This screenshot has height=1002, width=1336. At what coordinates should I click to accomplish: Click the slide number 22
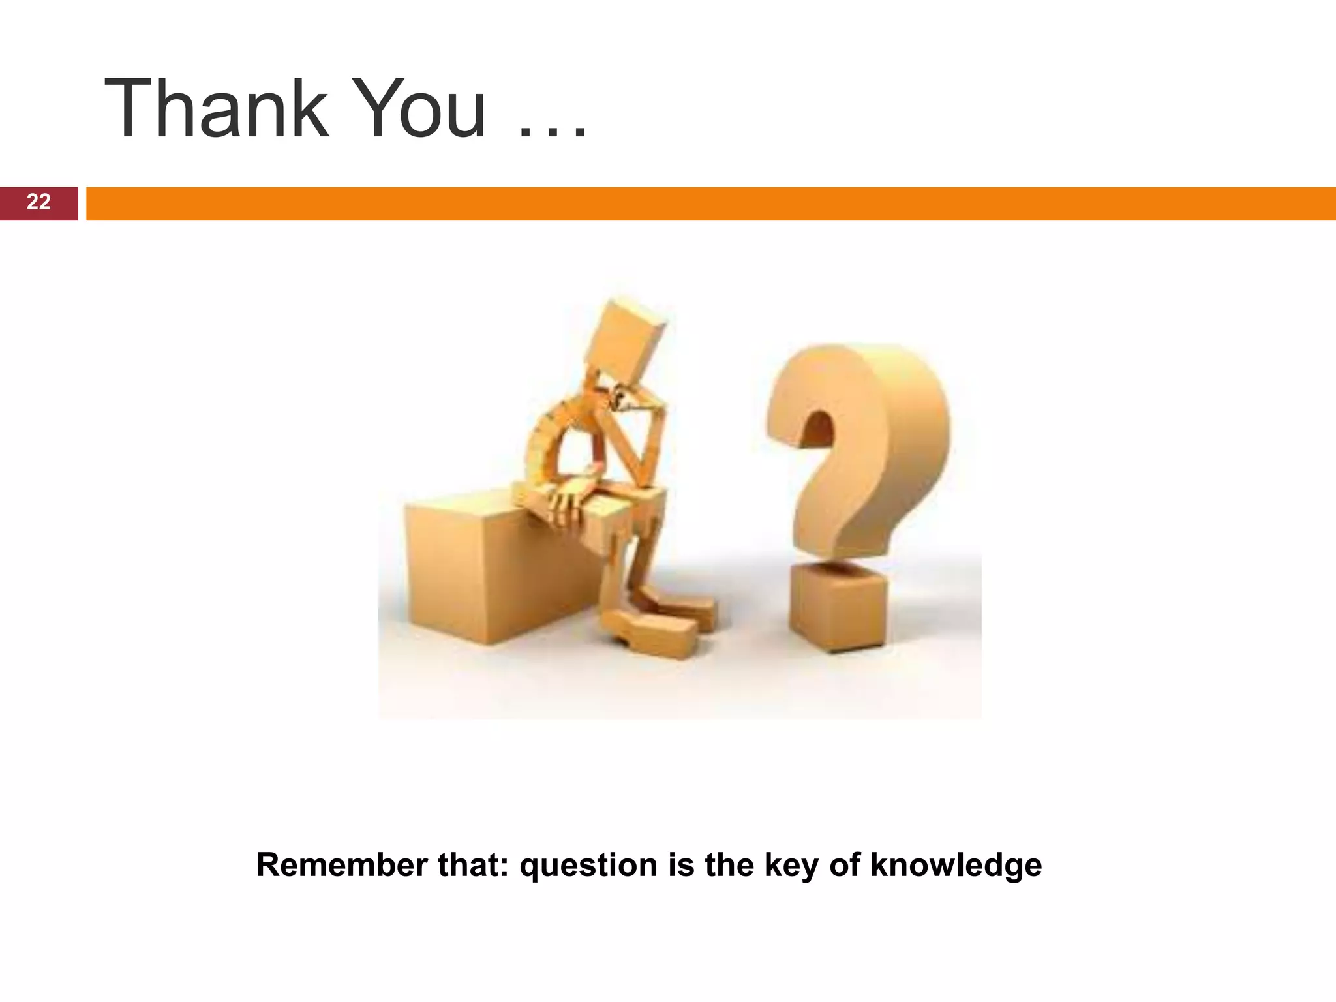[x=38, y=202]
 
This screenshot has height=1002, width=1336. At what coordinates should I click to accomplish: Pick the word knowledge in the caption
[x=956, y=865]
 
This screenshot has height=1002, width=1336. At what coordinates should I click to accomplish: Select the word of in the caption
[x=844, y=865]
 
